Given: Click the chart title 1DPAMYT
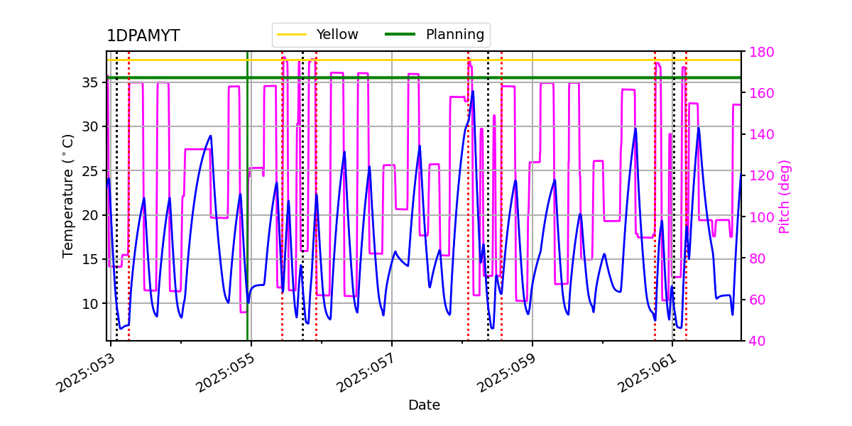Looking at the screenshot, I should (143, 36).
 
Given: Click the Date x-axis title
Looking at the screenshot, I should (424, 405).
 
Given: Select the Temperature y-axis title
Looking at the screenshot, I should (68, 196).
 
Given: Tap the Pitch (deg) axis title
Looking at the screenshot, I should (785, 196).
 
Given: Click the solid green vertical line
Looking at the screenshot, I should (247, 213).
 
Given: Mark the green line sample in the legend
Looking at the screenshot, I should (400, 34).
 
